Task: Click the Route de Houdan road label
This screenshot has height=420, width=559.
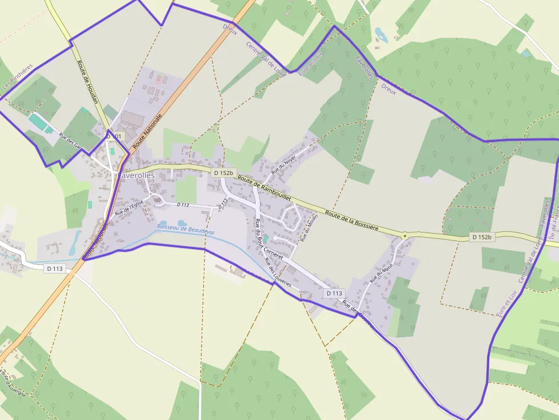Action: pyautogui.click(x=88, y=82)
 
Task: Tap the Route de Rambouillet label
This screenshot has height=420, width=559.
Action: pyautogui.click(x=265, y=187)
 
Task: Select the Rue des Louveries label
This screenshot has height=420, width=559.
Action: pyautogui.click(x=278, y=272)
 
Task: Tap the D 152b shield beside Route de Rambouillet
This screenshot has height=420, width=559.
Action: pyautogui.click(x=223, y=172)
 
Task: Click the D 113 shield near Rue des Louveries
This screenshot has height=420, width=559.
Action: pyautogui.click(x=334, y=293)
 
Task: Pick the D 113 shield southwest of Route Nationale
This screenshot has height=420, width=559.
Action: pyautogui.click(x=55, y=268)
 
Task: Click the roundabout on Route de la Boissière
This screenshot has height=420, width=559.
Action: pyautogui.click(x=404, y=235)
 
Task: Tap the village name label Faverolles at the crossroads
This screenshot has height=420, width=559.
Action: pyautogui.click(x=136, y=176)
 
